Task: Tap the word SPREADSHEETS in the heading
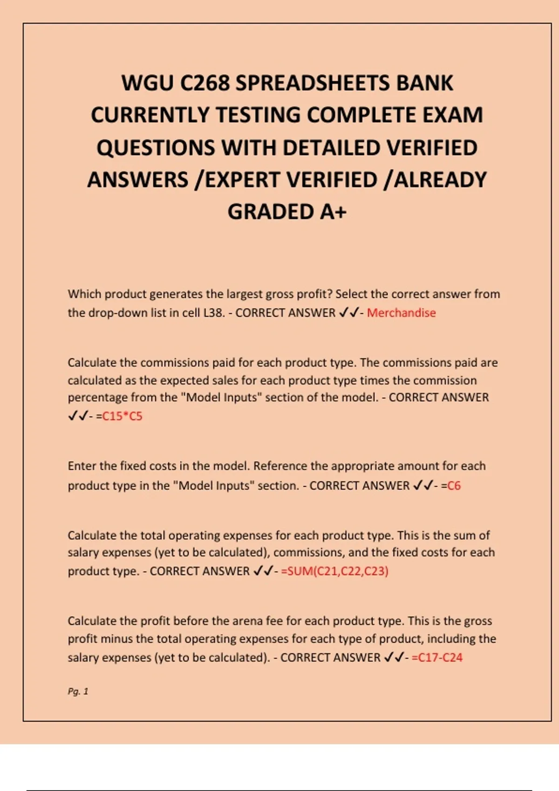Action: (313, 83)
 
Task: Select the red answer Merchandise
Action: (401, 313)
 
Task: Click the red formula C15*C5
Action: (122, 416)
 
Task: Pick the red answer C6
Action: (454, 486)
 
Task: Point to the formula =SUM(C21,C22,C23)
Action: (334, 571)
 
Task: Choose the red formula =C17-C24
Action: (437, 657)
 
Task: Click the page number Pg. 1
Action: (78, 691)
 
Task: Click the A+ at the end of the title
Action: (333, 212)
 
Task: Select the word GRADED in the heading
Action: (270, 212)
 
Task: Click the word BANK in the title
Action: (424, 83)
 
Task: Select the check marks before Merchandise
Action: (349, 313)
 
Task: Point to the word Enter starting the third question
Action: (82, 466)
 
